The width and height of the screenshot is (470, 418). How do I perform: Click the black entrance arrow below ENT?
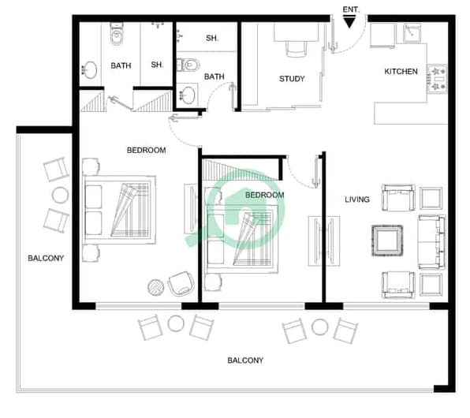(x=349, y=22)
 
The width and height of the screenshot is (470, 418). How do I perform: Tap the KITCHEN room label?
(x=401, y=71)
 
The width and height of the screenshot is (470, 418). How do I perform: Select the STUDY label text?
(x=292, y=79)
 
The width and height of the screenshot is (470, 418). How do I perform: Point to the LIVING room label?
(x=356, y=200)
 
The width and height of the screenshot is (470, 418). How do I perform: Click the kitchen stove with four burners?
(x=437, y=79)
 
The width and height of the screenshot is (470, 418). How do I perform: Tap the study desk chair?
(x=297, y=49)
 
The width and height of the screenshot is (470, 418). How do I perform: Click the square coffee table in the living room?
(x=387, y=241)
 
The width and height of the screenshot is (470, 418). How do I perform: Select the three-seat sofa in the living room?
(x=431, y=241)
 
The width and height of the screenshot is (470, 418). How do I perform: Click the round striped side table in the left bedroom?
(x=155, y=287)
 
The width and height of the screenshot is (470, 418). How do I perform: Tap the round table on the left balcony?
(x=60, y=195)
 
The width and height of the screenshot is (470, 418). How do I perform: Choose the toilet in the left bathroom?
(x=116, y=34)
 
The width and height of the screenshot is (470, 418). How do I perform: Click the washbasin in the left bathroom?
(x=89, y=70)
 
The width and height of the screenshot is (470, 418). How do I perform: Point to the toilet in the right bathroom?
(x=188, y=65)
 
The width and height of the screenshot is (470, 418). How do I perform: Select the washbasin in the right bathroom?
(x=188, y=95)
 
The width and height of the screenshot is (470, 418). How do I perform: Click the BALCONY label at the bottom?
(x=245, y=360)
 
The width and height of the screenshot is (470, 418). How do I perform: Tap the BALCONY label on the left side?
(x=46, y=258)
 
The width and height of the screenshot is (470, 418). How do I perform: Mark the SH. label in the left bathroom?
(x=157, y=65)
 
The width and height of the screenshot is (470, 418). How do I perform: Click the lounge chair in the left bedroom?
(x=181, y=284)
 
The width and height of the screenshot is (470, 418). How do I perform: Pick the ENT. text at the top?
(x=351, y=9)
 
